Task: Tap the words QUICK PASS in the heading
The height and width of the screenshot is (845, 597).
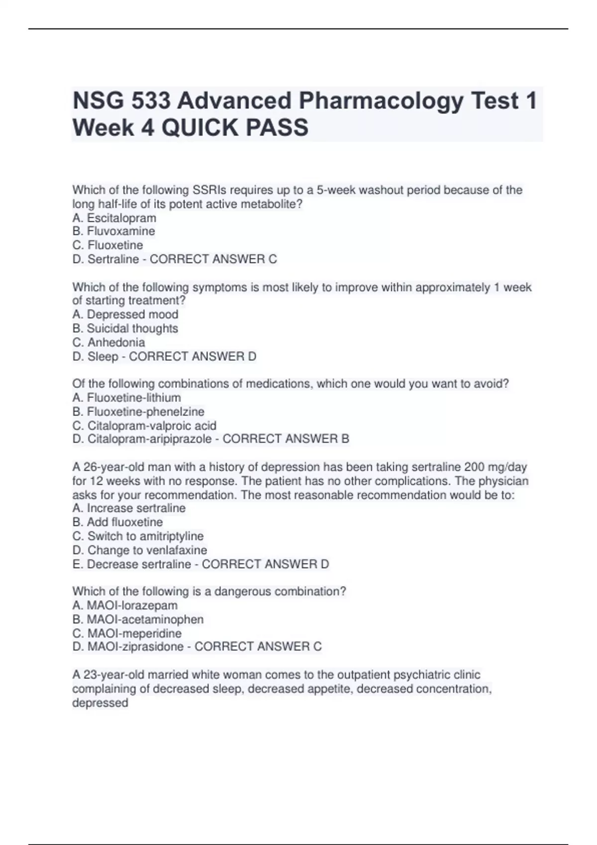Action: (x=235, y=128)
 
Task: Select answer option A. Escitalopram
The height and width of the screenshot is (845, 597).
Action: (x=114, y=218)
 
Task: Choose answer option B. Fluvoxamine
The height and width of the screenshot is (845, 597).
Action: (x=113, y=231)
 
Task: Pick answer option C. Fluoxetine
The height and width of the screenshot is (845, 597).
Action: (x=107, y=245)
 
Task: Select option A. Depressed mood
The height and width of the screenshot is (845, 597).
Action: (x=125, y=314)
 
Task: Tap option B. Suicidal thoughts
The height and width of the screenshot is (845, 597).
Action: (x=125, y=328)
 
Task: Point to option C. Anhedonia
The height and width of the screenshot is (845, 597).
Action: (x=108, y=342)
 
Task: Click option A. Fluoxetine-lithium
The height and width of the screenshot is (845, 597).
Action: (x=126, y=398)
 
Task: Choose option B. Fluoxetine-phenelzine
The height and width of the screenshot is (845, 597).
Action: (x=138, y=412)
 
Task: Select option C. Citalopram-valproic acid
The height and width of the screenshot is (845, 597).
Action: (x=144, y=425)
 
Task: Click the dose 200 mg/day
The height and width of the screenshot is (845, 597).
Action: (x=495, y=467)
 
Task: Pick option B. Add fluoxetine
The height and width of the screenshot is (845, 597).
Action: (x=117, y=522)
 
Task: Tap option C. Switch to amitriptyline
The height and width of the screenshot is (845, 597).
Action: (x=138, y=536)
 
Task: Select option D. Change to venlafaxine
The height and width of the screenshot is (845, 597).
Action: (x=139, y=550)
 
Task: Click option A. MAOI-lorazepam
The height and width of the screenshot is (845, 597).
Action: (x=125, y=605)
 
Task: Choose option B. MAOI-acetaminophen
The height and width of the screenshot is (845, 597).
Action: (x=138, y=619)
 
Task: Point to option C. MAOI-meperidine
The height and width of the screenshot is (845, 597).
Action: (x=127, y=633)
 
